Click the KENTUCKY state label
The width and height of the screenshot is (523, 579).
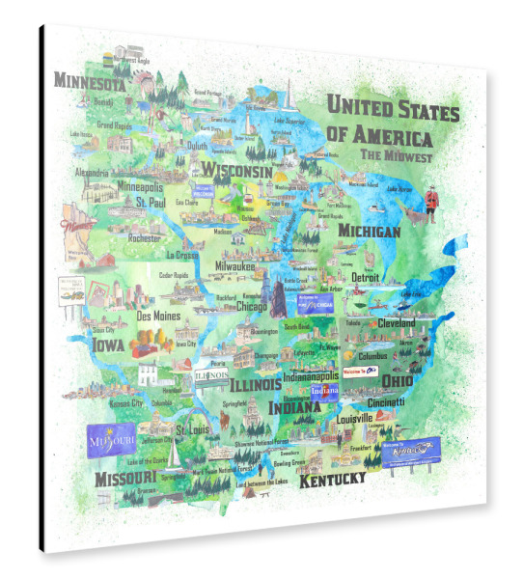point(331,480)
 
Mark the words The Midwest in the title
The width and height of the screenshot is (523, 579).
point(397,154)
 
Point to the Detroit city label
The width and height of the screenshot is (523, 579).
point(365,277)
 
